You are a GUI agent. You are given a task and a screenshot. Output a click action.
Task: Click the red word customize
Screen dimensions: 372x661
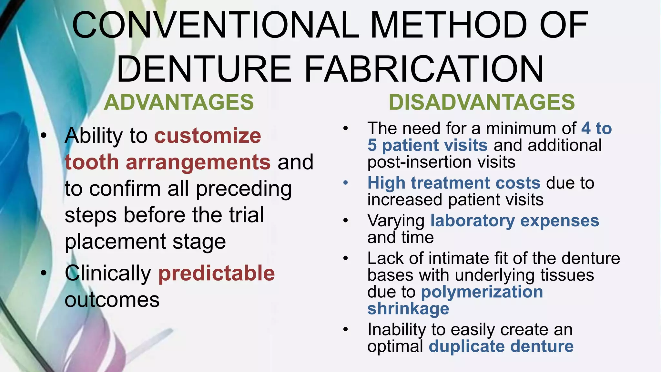[x=208, y=136]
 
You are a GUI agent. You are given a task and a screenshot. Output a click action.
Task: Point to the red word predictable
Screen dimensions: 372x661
[x=217, y=273]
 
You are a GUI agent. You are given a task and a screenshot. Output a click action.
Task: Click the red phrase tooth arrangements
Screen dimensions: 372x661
[x=168, y=162]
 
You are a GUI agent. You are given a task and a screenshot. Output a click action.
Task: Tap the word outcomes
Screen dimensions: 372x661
[x=112, y=300]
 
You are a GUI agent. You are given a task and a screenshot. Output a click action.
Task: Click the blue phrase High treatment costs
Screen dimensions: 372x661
[x=454, y=183]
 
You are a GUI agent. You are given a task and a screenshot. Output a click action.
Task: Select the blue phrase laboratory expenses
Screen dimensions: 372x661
[x=515, y=221]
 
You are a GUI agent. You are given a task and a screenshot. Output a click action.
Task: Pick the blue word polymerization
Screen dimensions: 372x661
[x=482, y=292]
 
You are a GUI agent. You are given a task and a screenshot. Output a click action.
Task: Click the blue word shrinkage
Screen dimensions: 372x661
[x=408, y=309]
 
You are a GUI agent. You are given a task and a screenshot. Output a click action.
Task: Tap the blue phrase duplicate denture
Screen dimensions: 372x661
[x=501, y=346]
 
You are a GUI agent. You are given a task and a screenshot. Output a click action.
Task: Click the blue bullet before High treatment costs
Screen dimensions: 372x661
[x=346, y=183]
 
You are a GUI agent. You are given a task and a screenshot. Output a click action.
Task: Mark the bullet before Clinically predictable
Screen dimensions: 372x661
[x=44, y=273]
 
